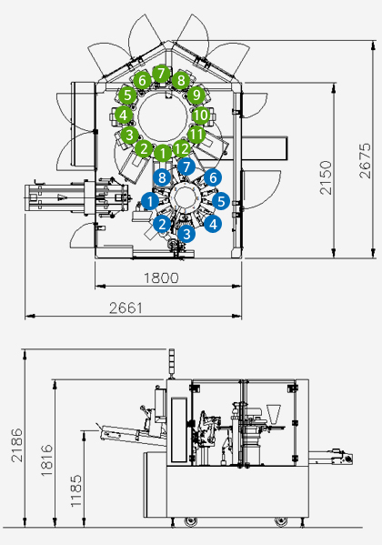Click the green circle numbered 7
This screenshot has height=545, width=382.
(161, 74)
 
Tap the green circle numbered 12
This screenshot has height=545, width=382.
(181, 149)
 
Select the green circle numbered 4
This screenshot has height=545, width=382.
(124, 115)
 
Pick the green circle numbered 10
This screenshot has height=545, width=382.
(201, 116)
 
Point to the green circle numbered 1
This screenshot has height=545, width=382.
(162, 153)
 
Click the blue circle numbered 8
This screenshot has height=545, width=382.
(162, 178)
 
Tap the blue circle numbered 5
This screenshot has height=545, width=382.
(221, 201)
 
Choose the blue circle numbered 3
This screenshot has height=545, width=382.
(186, 234)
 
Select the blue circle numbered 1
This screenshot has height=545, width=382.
(150, 201)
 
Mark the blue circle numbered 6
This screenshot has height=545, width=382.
(213, 178)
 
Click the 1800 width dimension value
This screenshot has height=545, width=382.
(161, 278)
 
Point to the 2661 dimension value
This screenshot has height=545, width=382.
(126, 308)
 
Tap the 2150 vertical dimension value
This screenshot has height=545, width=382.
(326, 177)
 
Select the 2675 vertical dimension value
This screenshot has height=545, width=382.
(365, 161)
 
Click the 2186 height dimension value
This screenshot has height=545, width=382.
(16, 445)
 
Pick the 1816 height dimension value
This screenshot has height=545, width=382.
(47, 460)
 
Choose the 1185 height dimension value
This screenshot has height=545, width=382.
(76, 490)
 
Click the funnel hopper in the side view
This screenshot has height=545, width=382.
(273, 414)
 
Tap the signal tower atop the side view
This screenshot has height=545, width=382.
(171, 364)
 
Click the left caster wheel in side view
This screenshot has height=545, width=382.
(190, 521)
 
